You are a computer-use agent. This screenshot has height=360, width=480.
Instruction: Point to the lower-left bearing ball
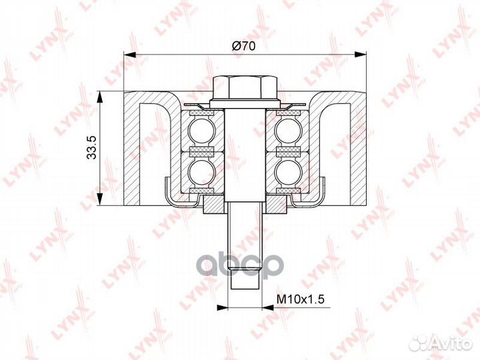click(x=201, y=173)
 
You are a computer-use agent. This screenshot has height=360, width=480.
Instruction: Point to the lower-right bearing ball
click(x=287, y=173)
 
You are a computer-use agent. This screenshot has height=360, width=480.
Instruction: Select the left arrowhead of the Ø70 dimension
click(x=127, y=55)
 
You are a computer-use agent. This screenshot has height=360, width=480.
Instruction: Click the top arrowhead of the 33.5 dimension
click(x=100, y=94)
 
